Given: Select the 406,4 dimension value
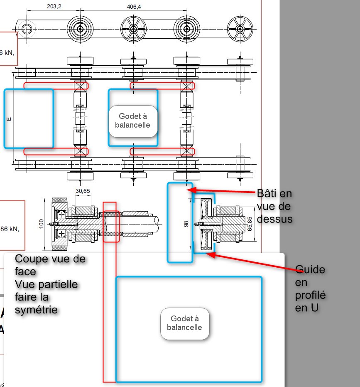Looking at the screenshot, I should (133, 7).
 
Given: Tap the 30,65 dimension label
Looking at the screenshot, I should (83, 191).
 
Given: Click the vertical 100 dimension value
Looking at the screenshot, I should (41, 224).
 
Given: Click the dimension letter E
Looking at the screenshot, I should (9, 119).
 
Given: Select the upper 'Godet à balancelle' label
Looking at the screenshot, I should (133, 121).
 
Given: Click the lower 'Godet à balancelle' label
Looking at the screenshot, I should (184, 323).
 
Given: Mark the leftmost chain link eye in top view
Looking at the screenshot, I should (27, 29).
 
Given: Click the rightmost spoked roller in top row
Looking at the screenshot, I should (240, 29).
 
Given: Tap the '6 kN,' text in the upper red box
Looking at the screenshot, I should (7, 52).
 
